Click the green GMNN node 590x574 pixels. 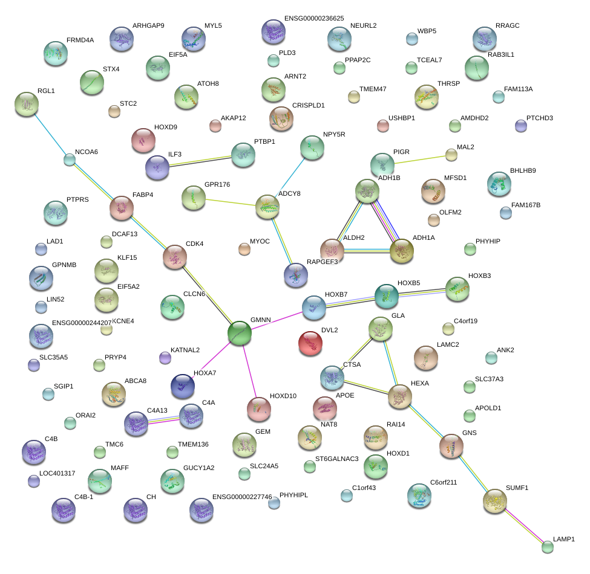click(239, 333)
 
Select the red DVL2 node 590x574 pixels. click(310, 343)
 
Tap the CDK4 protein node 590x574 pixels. click(175, 257)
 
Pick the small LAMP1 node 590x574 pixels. click(548, 547)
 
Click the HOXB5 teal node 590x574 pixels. click(387, 295)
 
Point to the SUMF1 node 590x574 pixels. click(495, 500)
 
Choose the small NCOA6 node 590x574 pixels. click(70, 160)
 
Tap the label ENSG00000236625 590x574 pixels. click(314, 19)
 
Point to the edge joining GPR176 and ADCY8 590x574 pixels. click(231, 202)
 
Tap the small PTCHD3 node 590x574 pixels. click(520, 126)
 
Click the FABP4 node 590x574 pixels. click(122, 208)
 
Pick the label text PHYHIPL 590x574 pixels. click(293, 495)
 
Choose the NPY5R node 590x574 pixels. click(312, 147)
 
